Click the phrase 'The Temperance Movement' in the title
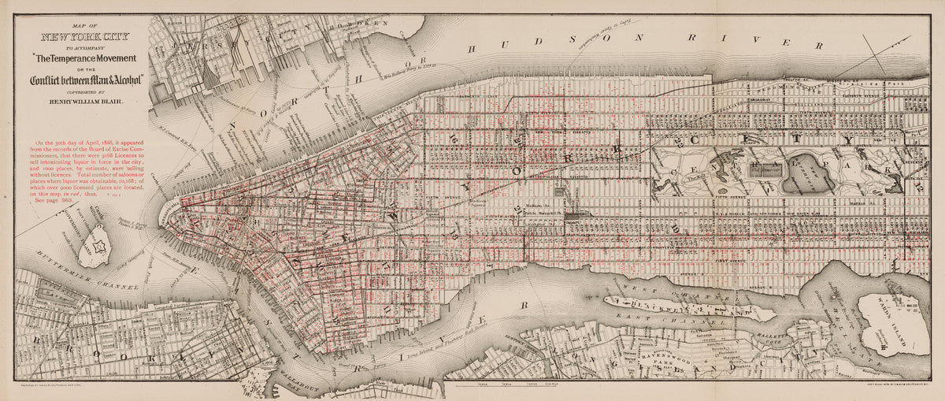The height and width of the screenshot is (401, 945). [86, 58]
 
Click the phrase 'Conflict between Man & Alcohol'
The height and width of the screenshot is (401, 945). [86, 79]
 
